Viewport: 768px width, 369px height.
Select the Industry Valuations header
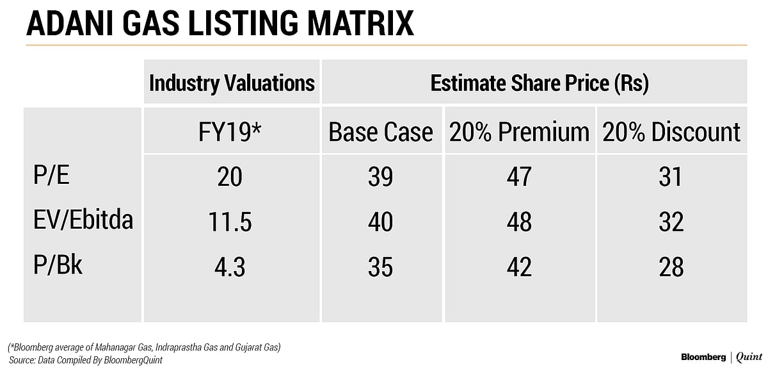pyautogui.click(x=232, y=83)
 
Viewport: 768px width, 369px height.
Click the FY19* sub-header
pyautogui.click(x=230, y=132)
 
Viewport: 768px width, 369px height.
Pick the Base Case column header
pyautogui.click(x=381, y=132)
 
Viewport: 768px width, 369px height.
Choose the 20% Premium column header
pyautogui.click(x=519, y=132)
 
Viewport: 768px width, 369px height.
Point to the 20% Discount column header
pyautogui.click(x=671, y=132)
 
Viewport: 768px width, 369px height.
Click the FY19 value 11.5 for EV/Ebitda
pyautogui.click(x=230, y=222)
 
